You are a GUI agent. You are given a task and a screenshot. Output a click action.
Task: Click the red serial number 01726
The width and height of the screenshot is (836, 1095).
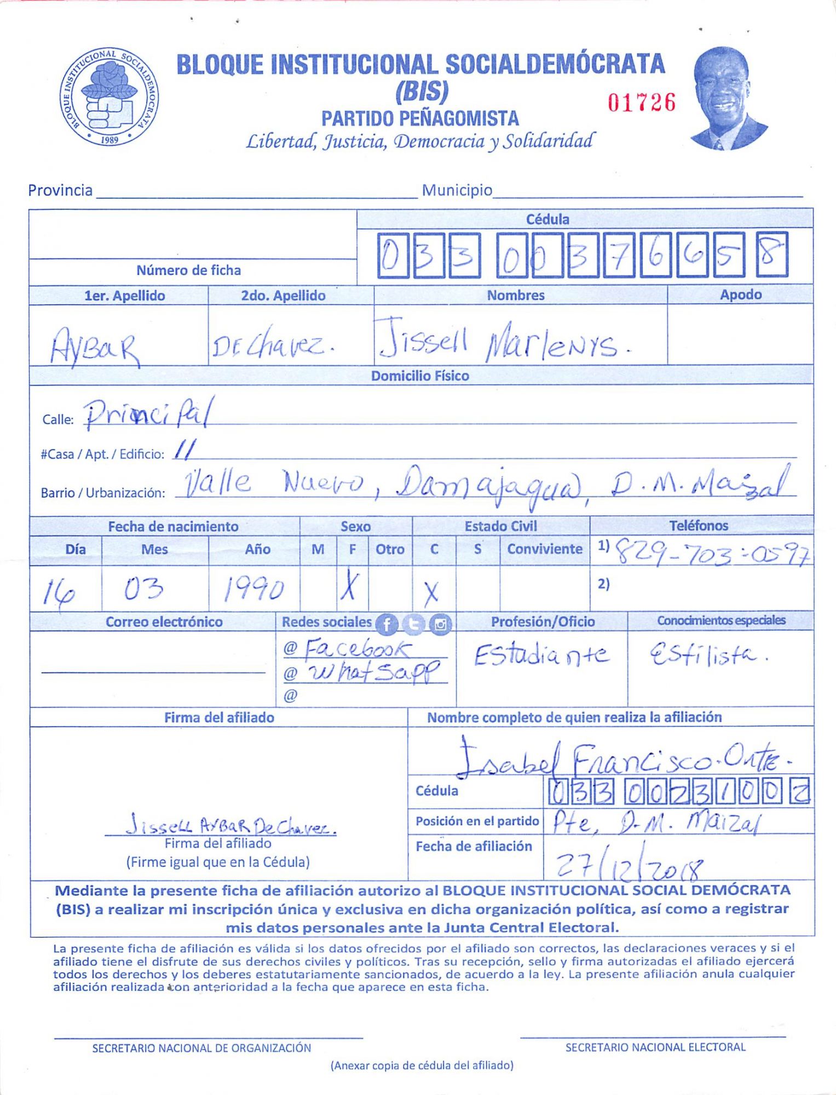(642, 102)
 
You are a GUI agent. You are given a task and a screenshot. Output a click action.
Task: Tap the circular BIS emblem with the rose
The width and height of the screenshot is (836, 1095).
(109, 97)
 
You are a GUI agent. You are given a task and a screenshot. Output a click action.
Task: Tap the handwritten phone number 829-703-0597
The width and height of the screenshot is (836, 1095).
(712, 552)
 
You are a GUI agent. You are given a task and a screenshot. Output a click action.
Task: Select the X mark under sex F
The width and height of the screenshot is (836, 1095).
(350, 587)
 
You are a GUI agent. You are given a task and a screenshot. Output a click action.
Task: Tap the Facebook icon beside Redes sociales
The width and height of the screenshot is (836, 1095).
(387, 624)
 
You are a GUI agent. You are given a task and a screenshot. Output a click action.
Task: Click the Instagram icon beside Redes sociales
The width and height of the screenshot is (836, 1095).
(440, 624)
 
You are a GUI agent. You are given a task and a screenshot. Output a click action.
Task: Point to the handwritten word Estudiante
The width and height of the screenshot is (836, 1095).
(541, 655)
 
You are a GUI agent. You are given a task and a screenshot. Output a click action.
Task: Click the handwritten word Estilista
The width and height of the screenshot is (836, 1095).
(707, 654)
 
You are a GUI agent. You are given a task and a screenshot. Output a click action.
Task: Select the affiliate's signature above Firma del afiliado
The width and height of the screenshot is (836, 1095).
(230, 825)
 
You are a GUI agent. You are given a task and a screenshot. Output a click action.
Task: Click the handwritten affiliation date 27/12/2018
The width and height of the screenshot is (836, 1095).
(630, 865)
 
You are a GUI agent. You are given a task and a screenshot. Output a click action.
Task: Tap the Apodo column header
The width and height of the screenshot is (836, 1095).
(740, 295)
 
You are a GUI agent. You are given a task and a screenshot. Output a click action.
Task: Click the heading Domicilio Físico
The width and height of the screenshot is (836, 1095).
(420, 376)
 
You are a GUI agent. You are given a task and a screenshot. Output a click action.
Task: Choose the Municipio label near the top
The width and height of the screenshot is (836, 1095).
(457, 190)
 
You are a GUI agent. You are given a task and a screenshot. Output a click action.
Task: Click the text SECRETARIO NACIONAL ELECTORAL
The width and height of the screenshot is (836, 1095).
(655, 1047)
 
